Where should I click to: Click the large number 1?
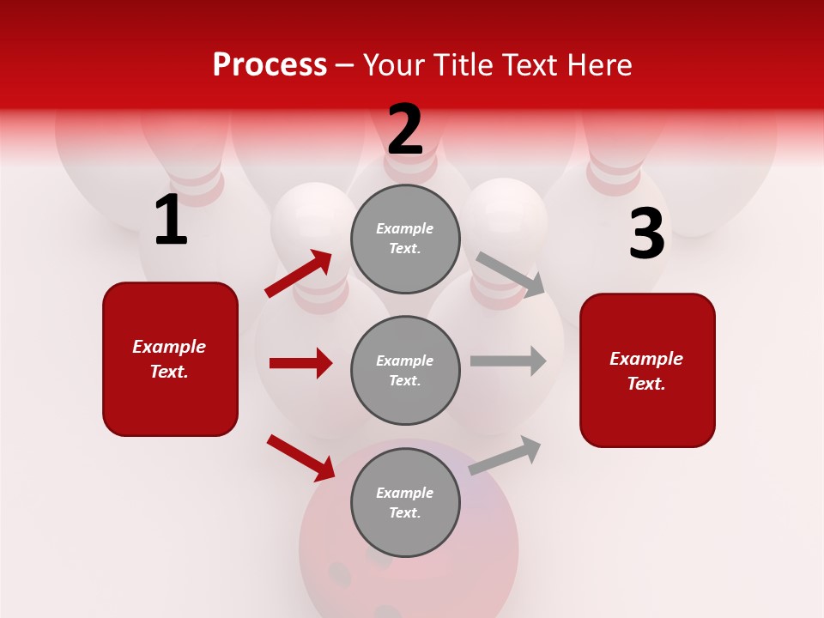click(171, 221)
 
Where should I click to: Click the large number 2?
click(405, 130)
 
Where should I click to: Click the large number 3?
click(646, 234)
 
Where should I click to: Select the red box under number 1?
click(170, 359)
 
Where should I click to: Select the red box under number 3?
click(647, 370)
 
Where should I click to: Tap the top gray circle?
click(405, 239)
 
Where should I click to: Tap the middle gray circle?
click(405, 370)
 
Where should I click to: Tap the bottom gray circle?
click(405, 502)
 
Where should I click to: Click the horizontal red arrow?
click(300, 363)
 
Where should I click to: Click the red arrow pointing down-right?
click(301, 457)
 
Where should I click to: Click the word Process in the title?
click(270, 65)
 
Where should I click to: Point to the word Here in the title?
click(598, 65)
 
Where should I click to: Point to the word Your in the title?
click(394, 65)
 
